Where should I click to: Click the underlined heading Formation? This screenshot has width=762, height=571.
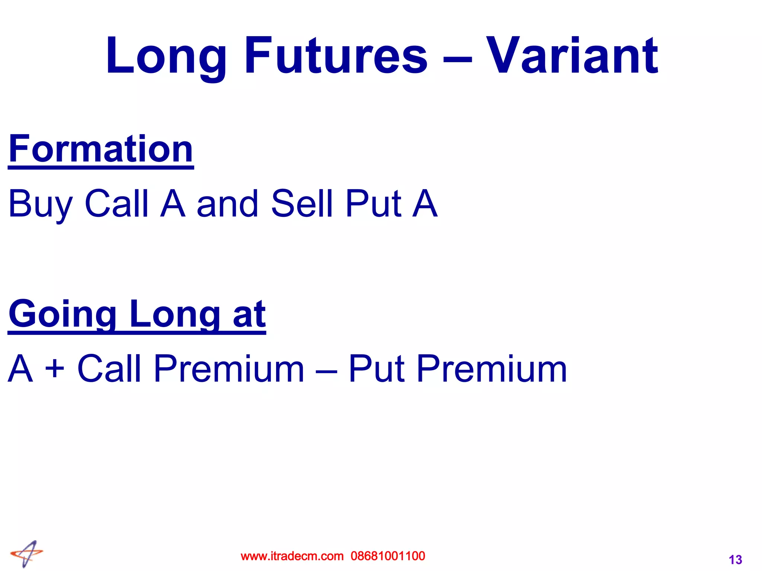click(x=101, y=149)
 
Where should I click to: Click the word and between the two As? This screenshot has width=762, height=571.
click(x=227, y=204)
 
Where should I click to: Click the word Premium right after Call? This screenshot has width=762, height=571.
click(x=229, y=369)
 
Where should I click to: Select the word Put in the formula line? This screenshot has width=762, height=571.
click(x=376, y=369)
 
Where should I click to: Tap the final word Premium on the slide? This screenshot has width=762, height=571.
click(x=492, y=369)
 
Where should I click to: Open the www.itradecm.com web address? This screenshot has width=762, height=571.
click(x=292, y=556)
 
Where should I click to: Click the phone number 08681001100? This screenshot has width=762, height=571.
click(x=388, y=556)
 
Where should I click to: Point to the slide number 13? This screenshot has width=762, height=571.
click(x=735, y=560)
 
